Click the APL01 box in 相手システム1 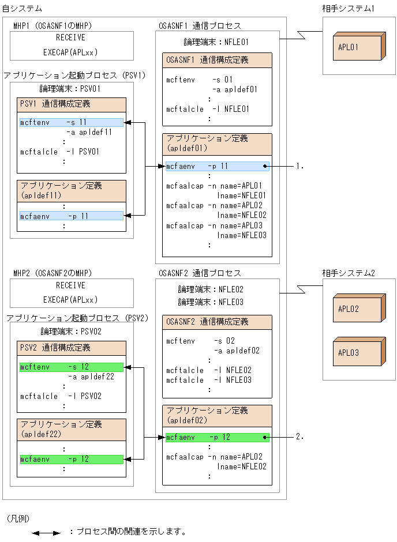click(358, 47)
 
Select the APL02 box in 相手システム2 click(358, 309)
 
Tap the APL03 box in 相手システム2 click(358, 353)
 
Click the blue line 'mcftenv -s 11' click(71, 123)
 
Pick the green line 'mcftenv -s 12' click(71, 367)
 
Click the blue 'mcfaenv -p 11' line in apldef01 click(216, 166)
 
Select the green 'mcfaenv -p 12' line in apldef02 click(216, 438)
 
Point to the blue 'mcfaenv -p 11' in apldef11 click(71, 216)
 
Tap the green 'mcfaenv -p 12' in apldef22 click(71, 460)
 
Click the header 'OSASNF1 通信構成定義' click(216, 61)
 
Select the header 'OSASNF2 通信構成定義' click(216, 322)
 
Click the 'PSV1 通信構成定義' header click(72, 104)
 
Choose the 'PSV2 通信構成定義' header click(72, 348)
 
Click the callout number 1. click(299, 166)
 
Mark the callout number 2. click(299, 438)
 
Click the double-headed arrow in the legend click(46, 533)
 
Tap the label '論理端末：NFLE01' click(216, 42)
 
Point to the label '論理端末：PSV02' click(71, 332)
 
